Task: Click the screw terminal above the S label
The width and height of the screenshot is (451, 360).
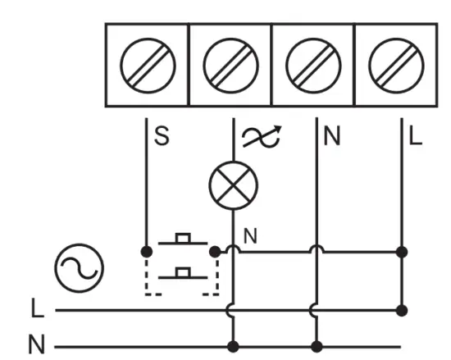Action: [148, 64]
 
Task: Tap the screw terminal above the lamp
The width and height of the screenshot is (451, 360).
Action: [230, 64]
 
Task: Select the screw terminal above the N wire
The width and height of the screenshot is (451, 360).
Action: [313, 64]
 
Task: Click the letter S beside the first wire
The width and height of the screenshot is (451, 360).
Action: [162, 137]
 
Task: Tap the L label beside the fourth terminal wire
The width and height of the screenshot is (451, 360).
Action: [416, 137]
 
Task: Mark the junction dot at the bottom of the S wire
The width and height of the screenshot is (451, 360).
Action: [146, 249]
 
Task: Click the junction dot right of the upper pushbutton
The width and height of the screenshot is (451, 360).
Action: [215, 249]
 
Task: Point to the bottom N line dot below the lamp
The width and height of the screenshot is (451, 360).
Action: [235, 345]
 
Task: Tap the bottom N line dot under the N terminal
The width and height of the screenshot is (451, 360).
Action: [317, 345]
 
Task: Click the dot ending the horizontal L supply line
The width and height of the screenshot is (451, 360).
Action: [401, 310]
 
